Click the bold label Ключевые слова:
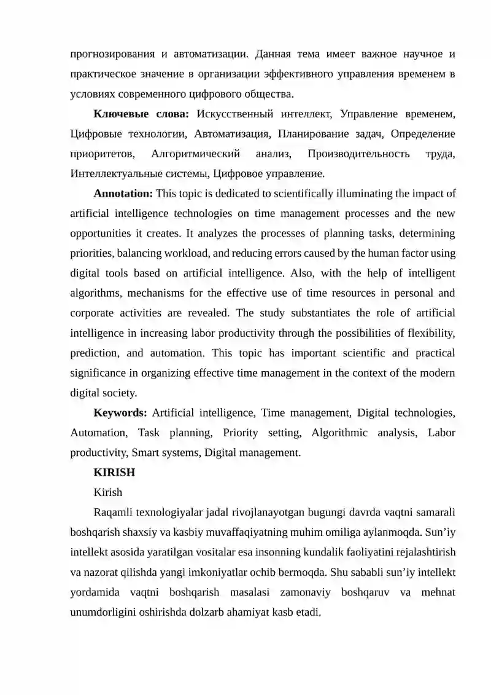tap(141, 114)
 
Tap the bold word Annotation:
tap(123, 194)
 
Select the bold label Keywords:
tap(120, 413)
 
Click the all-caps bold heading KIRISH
tap(114, 473)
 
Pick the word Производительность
tap(358, 154)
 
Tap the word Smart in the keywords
tap(147, 453)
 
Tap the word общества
tap(273, 94)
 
